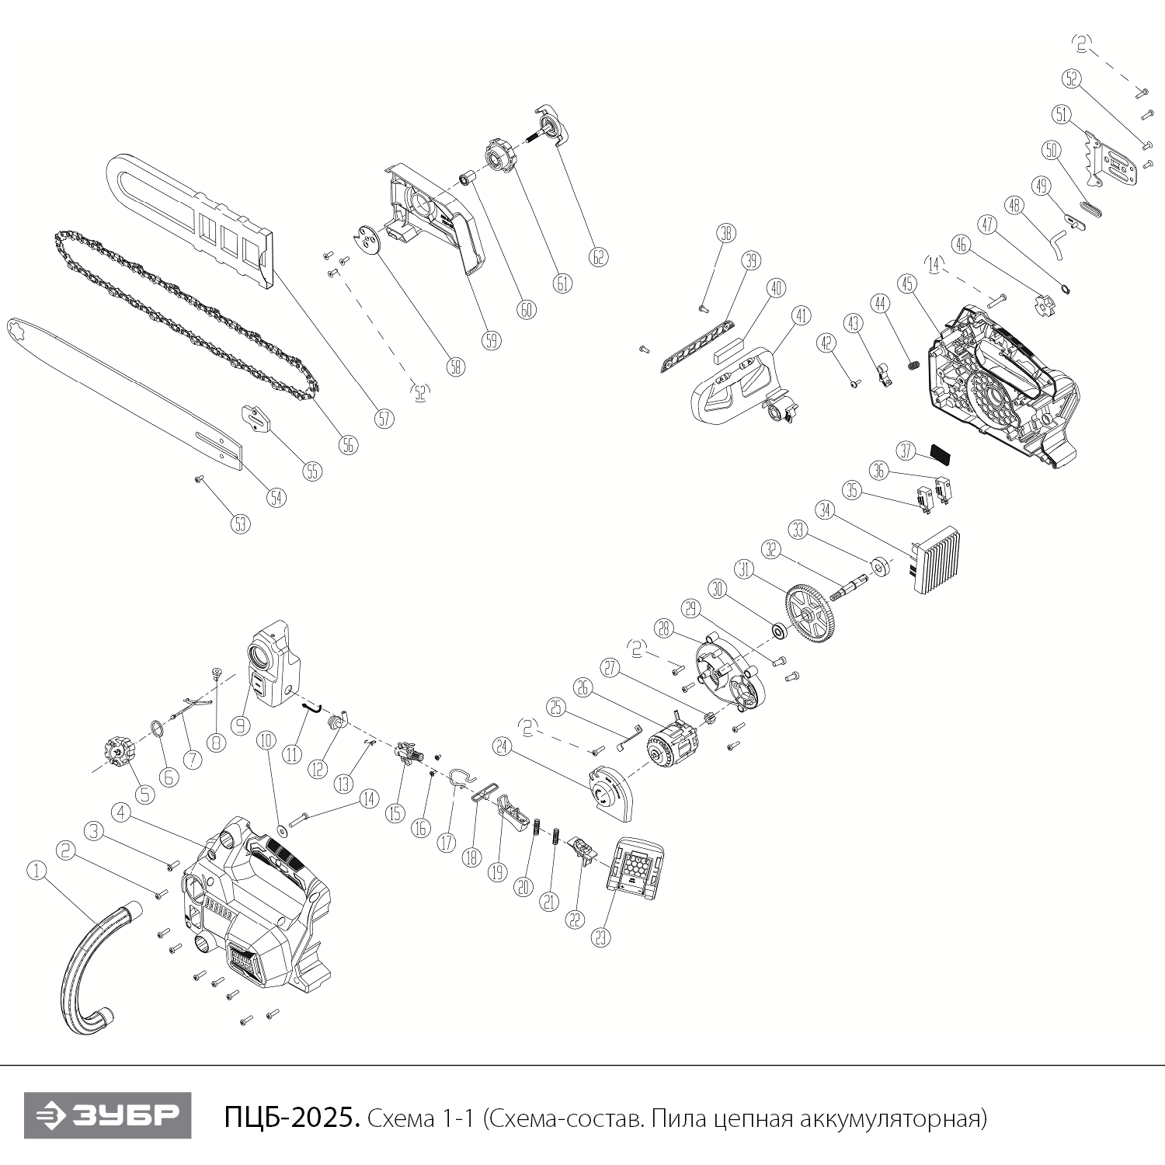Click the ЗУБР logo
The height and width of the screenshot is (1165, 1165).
(x=107, y=1116)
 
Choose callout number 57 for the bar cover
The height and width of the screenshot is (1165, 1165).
(x=384, y=419)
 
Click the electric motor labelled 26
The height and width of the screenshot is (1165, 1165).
(x=672, y=742)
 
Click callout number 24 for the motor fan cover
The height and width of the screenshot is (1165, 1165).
(x=503, y=746)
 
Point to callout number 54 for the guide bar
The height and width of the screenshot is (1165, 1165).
(x=276, y=497)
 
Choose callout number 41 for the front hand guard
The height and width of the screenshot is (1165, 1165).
(x=800, y=316)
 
